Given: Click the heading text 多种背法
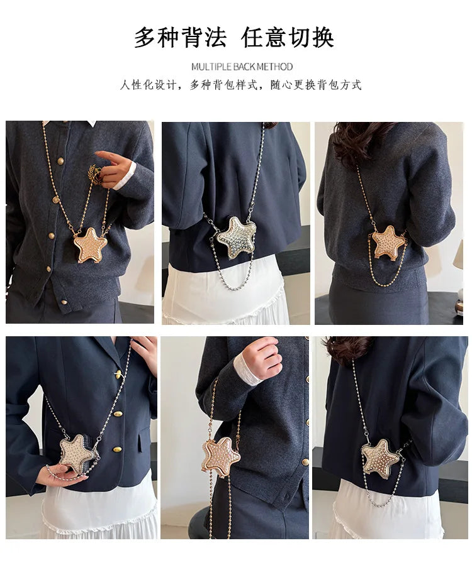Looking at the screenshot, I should click(179, 38).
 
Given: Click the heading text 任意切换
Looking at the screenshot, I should click(288, 38).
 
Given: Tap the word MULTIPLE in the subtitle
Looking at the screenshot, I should click(211, 67).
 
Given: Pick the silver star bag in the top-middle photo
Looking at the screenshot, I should click(236, 238).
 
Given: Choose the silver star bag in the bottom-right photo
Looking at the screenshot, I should click(379, 458).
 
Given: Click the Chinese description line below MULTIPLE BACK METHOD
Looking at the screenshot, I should click(240, 85).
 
